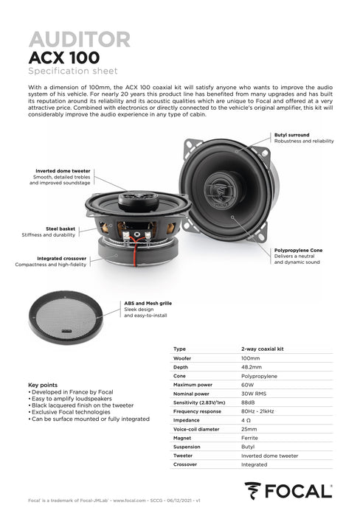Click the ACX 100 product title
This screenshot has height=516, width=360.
63,57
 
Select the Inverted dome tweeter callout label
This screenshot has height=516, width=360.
62,171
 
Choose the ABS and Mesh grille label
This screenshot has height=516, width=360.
148,302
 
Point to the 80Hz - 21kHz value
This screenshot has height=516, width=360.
258,411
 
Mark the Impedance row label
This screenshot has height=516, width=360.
187,419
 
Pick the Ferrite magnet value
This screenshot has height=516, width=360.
249,437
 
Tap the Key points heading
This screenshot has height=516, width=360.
43,385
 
